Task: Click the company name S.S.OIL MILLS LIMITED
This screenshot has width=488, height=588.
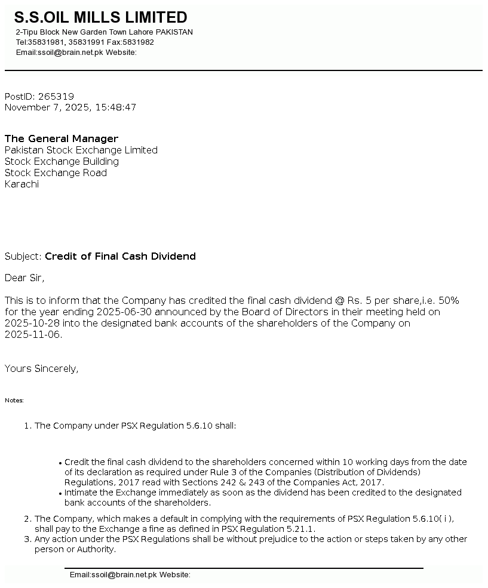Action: tap(100, 17)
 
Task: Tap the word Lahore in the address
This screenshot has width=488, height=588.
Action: tap(140, 32)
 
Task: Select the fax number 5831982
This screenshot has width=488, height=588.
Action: tap(139, 42)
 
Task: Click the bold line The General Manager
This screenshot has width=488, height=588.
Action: tap(62, 139)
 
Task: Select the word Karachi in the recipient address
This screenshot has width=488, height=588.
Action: tap(22, 184)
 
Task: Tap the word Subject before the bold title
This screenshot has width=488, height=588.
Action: tap(23, 257)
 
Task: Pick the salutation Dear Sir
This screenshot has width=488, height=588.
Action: tap(24, 278)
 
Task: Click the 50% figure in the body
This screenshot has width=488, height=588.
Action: tap(449, 300)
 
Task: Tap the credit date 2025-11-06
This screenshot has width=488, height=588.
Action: tap(33, 335)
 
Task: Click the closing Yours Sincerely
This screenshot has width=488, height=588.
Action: tap(42, 369)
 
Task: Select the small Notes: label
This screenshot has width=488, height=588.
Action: tap(14, 401)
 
